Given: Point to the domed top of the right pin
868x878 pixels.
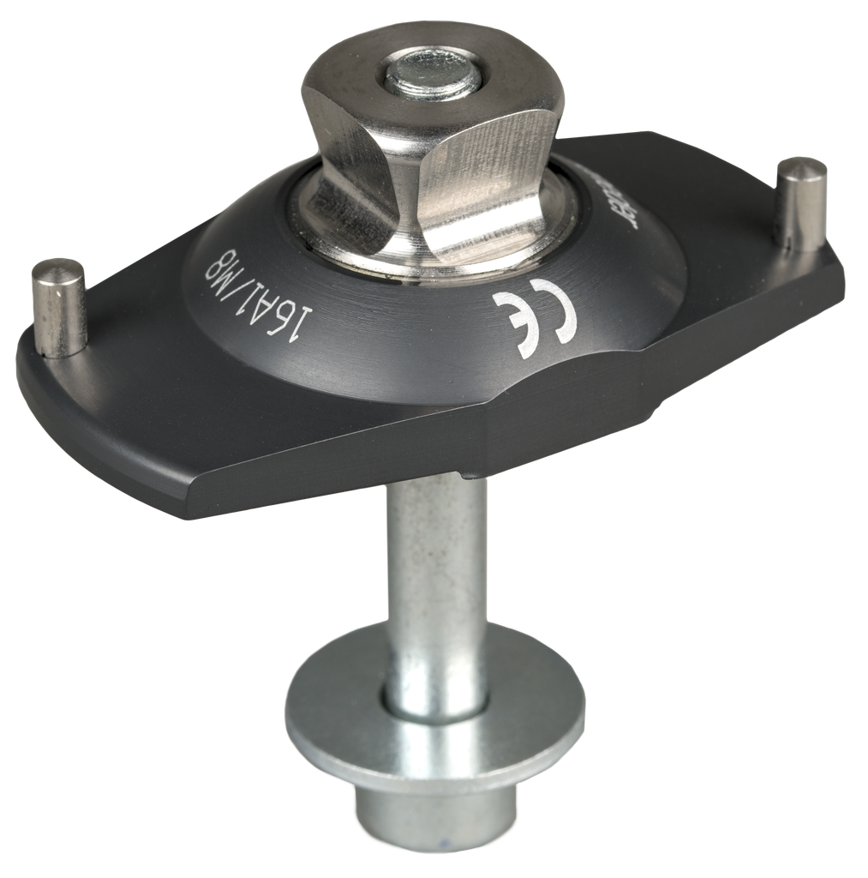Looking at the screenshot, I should (x=802, y=167).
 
